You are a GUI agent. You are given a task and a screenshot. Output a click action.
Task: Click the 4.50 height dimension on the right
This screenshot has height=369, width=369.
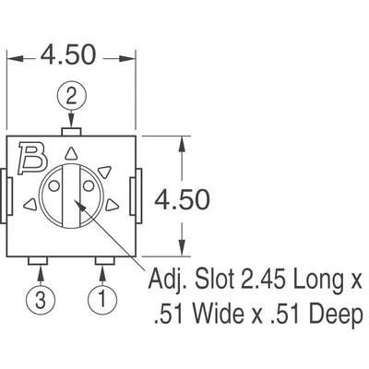click(183, 198)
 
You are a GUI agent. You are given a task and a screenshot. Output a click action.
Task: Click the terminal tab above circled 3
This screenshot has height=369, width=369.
click(38, 262)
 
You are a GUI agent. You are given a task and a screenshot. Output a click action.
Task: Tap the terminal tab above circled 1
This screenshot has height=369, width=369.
click(103, 262)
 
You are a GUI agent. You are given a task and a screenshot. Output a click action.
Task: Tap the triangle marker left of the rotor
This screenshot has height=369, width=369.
click(30, 204)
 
